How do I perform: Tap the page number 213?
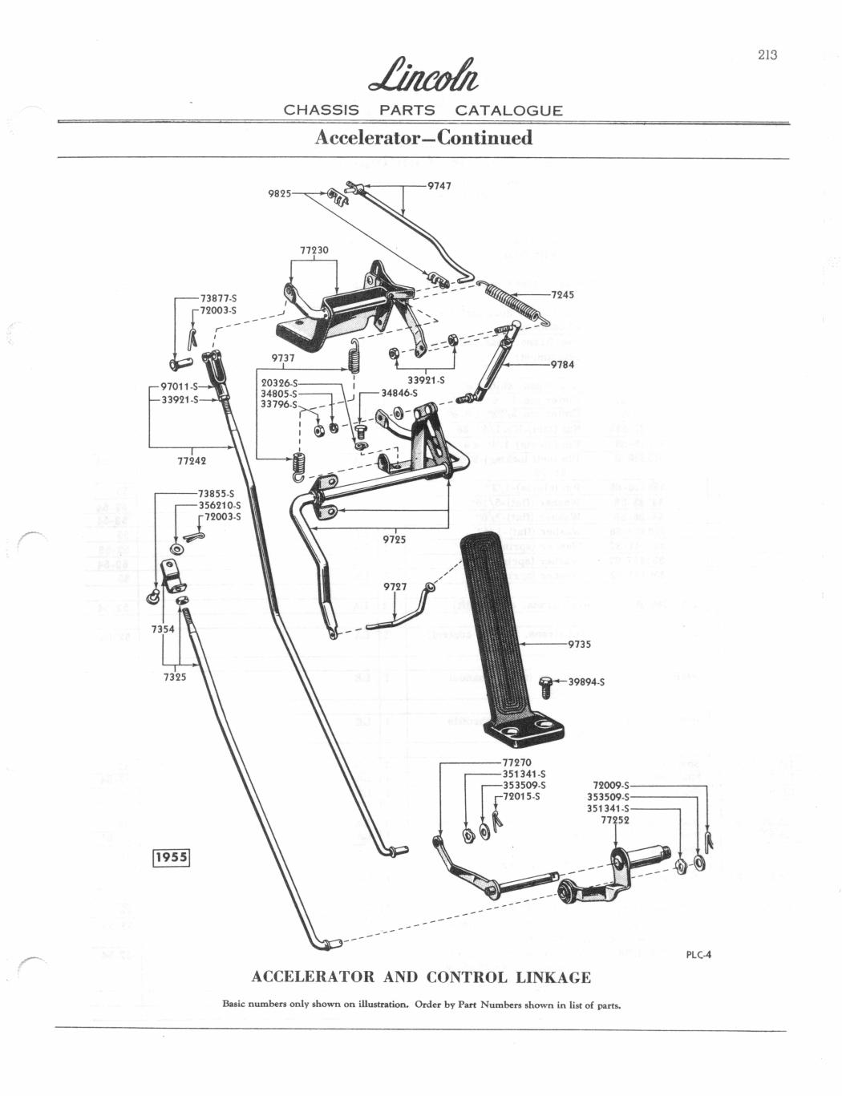[x=767, y=55]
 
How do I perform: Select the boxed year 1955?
[x=170, y=856]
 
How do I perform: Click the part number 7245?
[x=562, y=294]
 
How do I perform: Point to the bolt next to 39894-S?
[x=549, y=685]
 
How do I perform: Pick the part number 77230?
[x=314, y=250]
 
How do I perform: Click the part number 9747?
[x=439, y=185]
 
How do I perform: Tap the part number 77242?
[x=192, y=460]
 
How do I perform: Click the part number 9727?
[x=395, y=586]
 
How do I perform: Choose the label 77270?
[x=517, y=762]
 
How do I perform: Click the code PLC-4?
[x=699, y=954]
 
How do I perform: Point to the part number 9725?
[x=394, y=539]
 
